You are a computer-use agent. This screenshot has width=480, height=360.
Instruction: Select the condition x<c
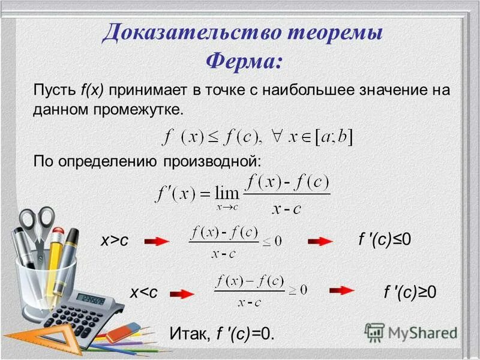(144, 292)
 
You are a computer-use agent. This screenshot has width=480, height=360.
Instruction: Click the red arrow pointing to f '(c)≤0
(320, 241)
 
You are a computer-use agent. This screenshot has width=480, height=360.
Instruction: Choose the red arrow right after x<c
(182, 293)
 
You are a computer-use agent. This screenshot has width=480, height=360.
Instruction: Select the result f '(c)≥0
(410, 292)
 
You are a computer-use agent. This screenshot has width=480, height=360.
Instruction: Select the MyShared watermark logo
(411, 332)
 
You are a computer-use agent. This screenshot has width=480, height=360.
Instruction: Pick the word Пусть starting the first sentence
(53, 91)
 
